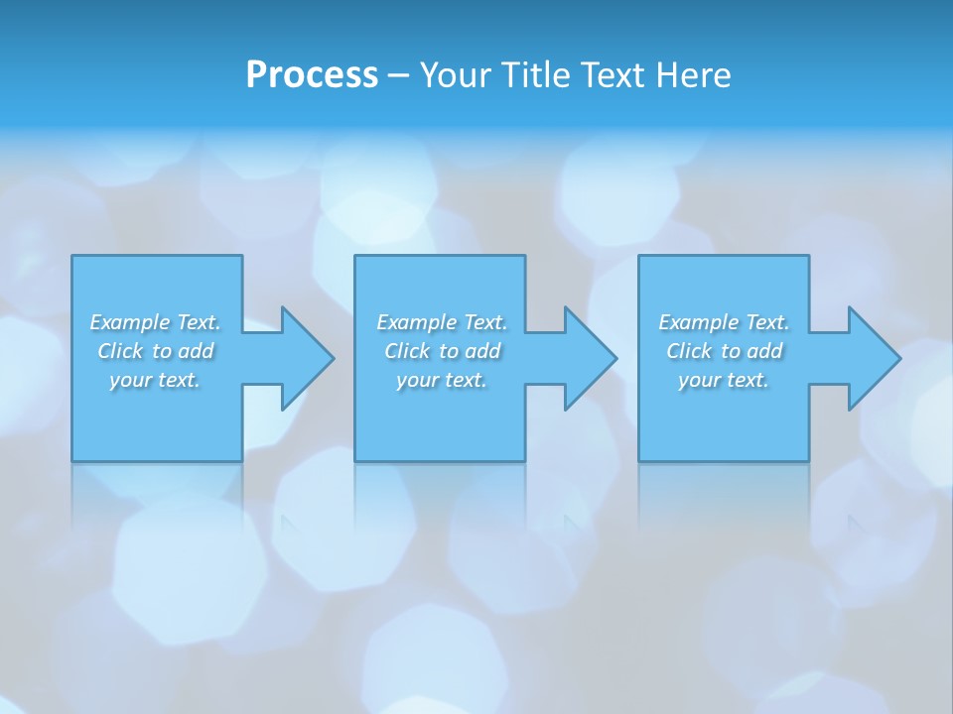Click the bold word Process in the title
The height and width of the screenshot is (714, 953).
(312, 75)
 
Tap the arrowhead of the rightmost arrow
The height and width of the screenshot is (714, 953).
(878, 358)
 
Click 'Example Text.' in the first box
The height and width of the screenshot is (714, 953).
(155, 322)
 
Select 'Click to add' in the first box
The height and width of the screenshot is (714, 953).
(155, 351)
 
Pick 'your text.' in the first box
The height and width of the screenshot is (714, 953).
(155, 380)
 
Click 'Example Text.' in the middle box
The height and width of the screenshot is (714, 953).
(442, 322)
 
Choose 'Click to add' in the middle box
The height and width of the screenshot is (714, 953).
(442, 351)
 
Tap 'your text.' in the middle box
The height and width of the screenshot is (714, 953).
(442, 380)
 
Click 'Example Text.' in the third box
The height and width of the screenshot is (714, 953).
(724, 322)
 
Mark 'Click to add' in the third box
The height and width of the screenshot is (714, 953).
(724, 351)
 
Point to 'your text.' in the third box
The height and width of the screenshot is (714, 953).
(724, 380)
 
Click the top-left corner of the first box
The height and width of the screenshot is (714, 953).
(73, 257)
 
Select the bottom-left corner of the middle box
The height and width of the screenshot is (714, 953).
(356, 459)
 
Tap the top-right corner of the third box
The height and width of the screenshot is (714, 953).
(807, 257)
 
